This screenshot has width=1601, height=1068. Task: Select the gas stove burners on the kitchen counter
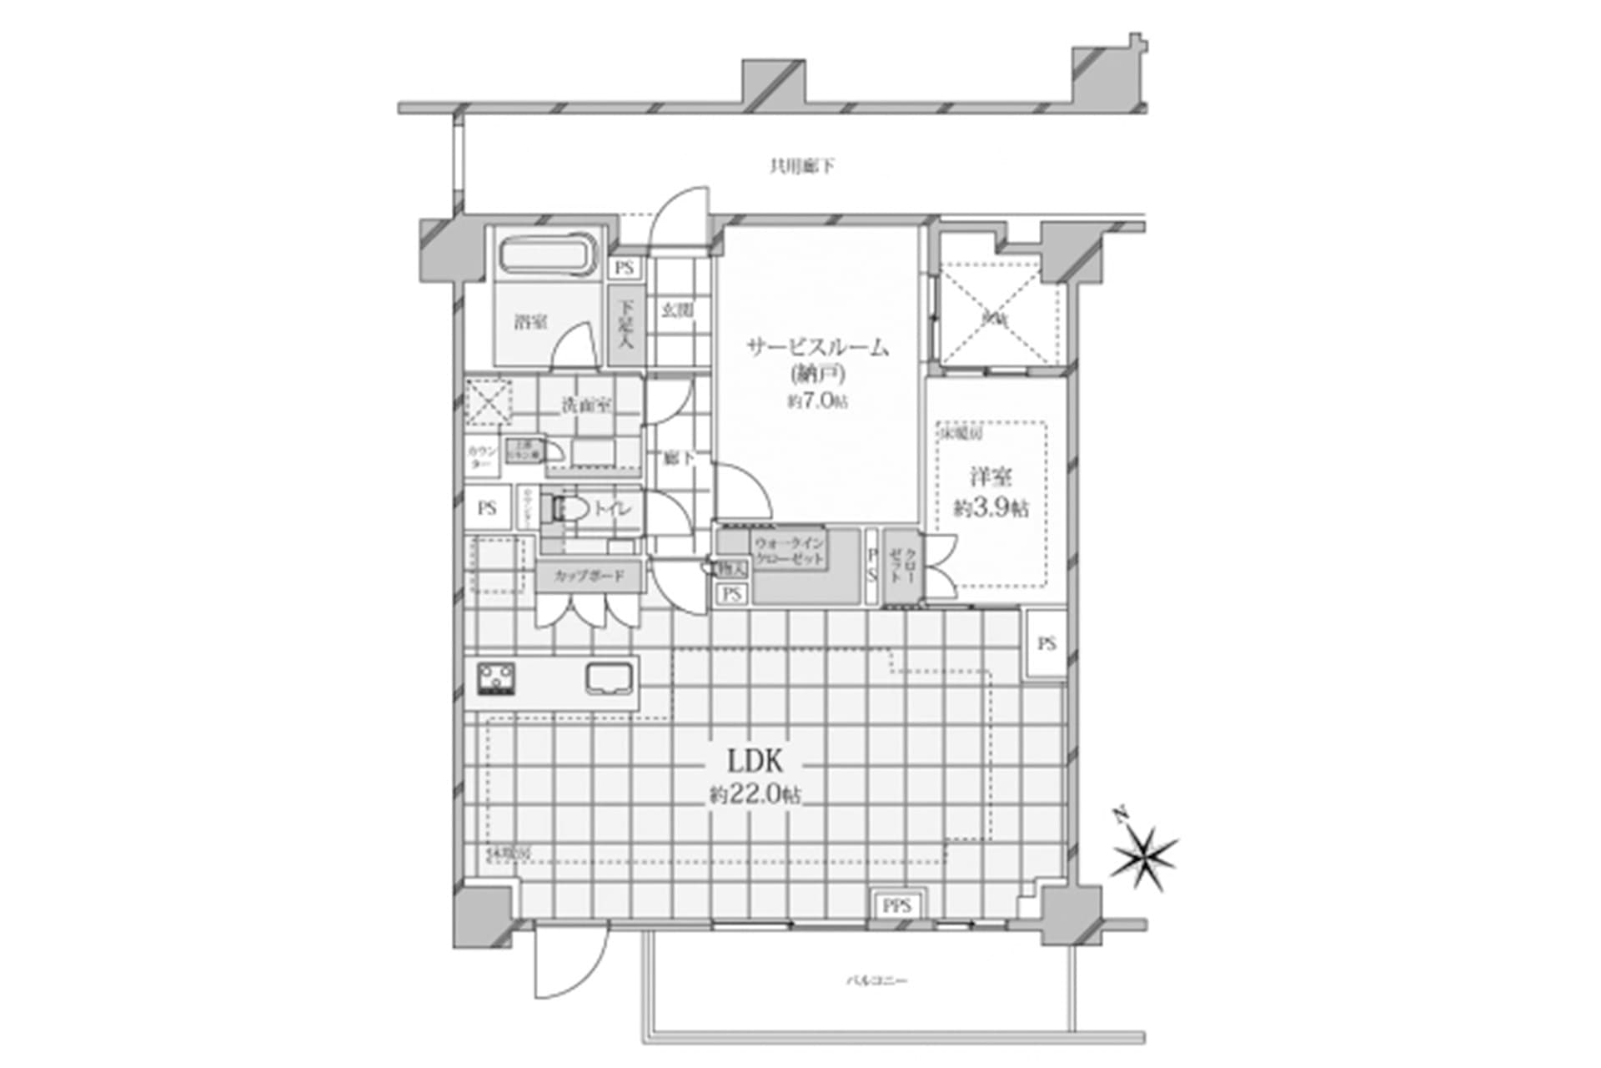click(496, 678)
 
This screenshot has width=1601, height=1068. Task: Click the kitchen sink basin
click(610, 678)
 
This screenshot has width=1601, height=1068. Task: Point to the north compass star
click(1143, 859)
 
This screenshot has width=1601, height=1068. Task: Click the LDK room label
click(755, 761)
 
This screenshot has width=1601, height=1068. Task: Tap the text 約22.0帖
click(755, 795)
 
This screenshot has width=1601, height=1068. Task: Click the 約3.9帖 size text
click(991, 508)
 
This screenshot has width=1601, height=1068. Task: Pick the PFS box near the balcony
click(898, 906)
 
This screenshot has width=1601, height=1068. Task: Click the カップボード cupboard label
click(589, 576)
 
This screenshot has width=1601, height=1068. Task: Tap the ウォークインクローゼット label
click(789, 551)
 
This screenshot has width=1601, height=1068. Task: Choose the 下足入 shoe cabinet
click(625, 325)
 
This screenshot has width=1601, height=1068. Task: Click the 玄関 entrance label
click(677, 310)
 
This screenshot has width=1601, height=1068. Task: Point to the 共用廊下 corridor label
click(800, 167)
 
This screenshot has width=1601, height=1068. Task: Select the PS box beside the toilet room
click(487, 507)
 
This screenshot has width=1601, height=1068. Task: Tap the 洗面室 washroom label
click(585, 406)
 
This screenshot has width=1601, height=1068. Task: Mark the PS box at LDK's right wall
click(1046, 643)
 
